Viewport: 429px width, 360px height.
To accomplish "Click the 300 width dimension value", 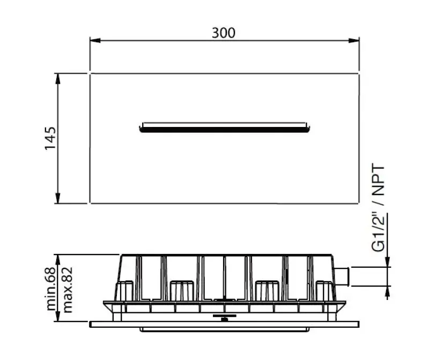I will (223, 33).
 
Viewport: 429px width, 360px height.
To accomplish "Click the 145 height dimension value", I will (50, 138).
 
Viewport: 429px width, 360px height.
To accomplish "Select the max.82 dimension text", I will (68, 290).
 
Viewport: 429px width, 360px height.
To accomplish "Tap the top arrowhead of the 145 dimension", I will (58, 78).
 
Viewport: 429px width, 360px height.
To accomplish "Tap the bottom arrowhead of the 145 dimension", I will (58, 199).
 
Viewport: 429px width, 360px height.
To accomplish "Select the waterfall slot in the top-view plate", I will (225, 127).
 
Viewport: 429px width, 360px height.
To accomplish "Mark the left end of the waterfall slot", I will (142, 127).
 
